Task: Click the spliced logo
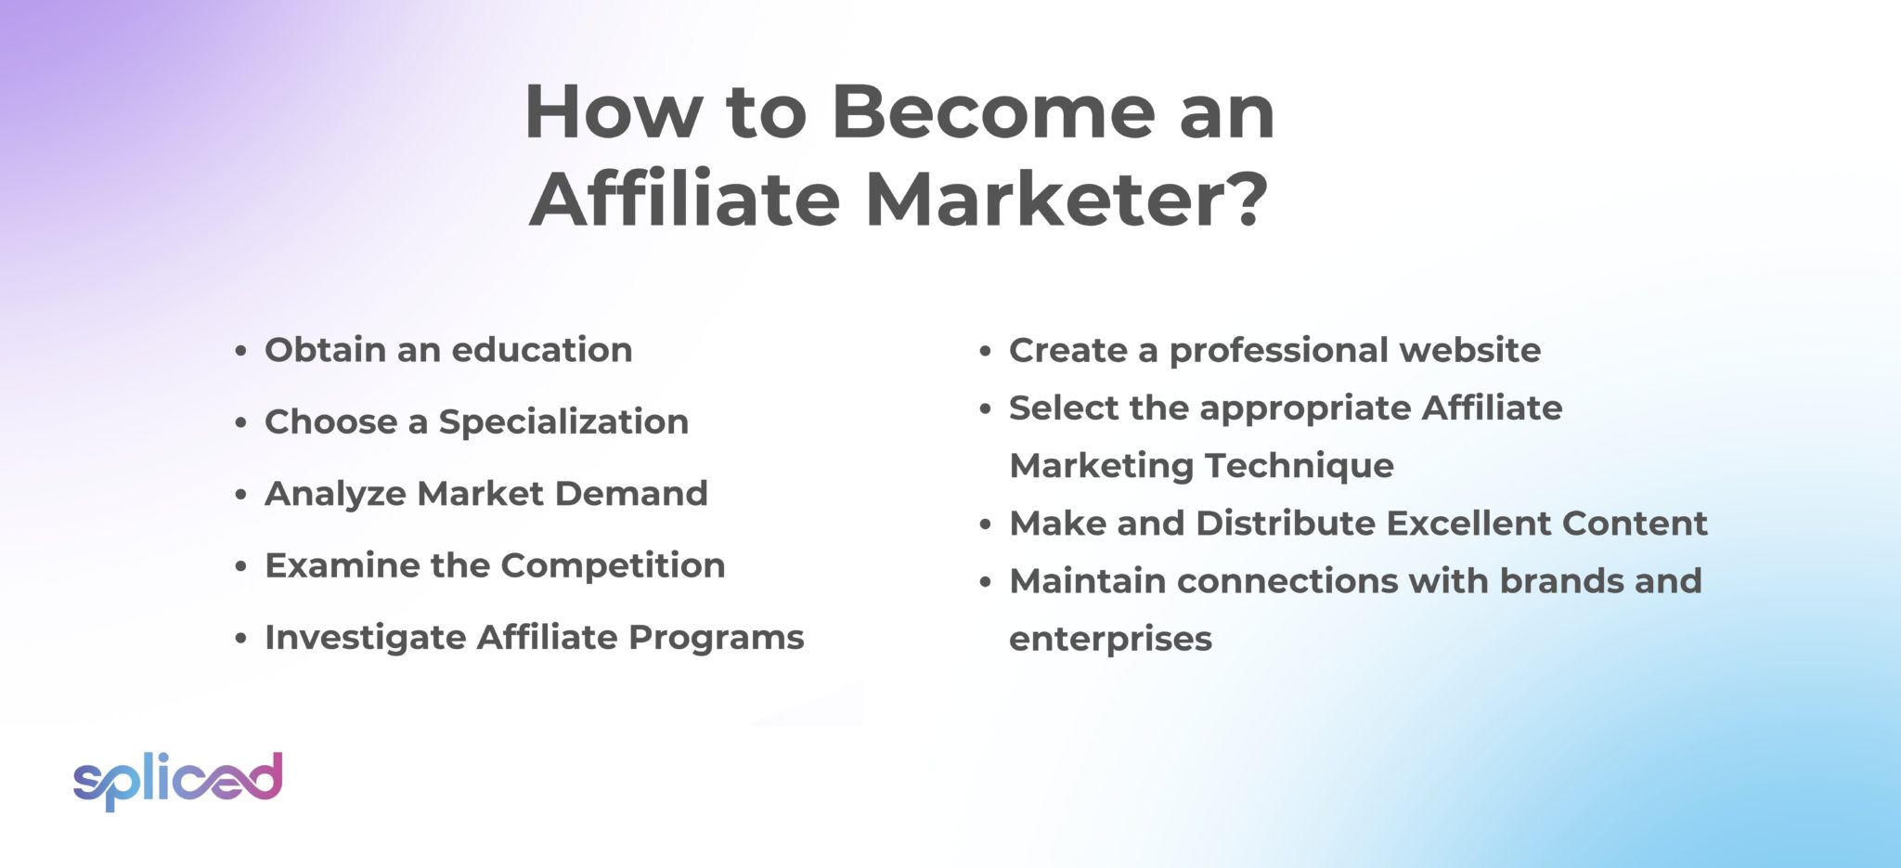point(177,779)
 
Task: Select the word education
point(541,350)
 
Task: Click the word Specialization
point(563,422)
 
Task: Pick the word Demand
point(631,494)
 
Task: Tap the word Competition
point(613,565)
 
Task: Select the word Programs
point(716,638)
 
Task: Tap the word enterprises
point(1110,640)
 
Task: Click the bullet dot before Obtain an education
point(240,352)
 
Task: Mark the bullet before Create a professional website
point(986,352)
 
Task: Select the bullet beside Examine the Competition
point(240,567)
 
